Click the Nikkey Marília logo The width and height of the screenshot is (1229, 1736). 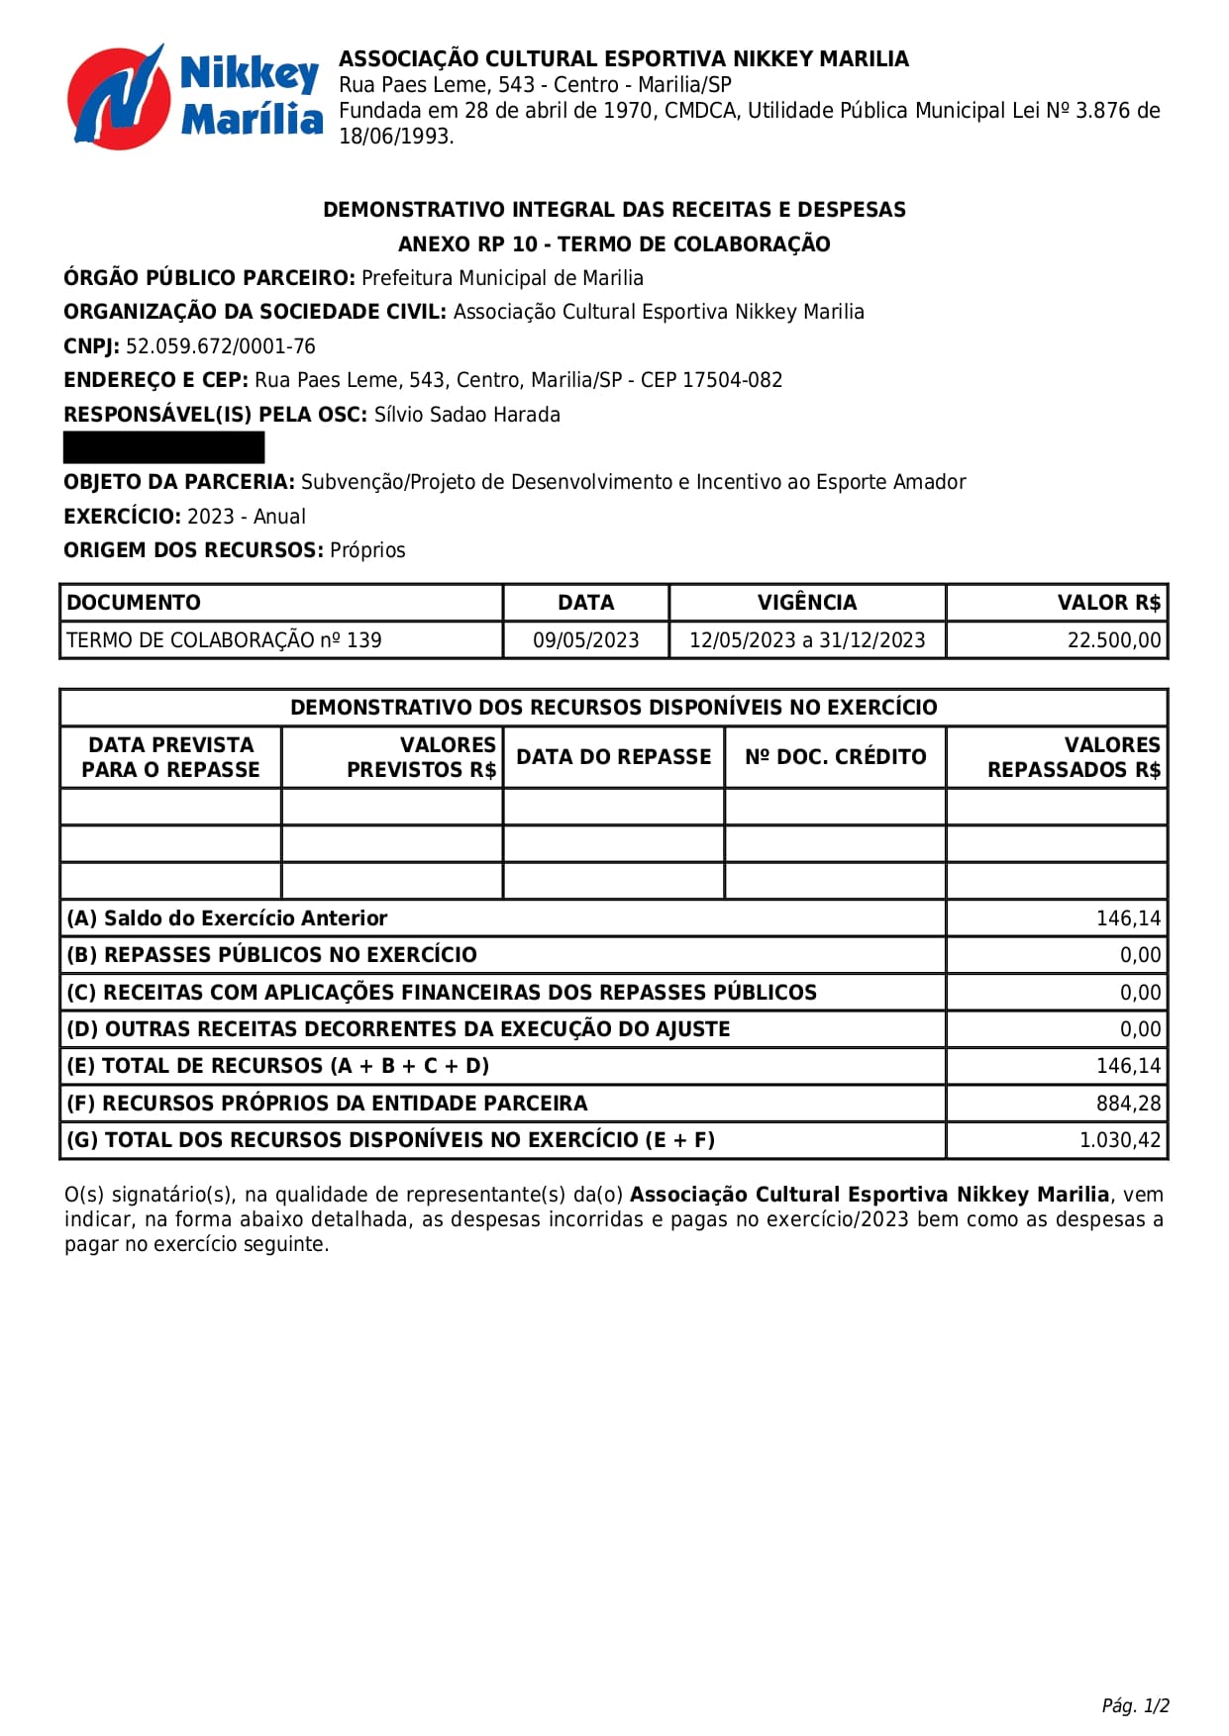pos(194,96)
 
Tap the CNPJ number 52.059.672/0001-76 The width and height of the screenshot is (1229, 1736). pos(220,346)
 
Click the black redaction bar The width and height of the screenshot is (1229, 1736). pos(163,447)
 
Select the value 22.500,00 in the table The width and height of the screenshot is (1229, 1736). pos(1113,640)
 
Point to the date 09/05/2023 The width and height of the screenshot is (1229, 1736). pos(585,640)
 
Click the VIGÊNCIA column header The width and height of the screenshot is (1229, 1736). pos(806,603)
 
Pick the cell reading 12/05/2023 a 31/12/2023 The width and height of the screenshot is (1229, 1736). pos(806,640)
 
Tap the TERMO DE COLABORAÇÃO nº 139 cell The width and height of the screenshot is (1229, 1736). pos(224,640)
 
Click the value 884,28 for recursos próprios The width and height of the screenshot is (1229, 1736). pos(1128,1104)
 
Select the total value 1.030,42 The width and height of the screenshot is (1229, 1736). pos(1119,1140)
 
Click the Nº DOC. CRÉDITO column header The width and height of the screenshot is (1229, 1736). pos(835,757)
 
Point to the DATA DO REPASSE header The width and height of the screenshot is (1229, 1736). pos(613,757)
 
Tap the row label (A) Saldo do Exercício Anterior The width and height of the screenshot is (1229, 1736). pos(227,918)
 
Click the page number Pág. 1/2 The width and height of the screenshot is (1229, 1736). pos(1135,1705)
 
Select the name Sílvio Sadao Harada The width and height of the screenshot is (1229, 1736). pos(466,415)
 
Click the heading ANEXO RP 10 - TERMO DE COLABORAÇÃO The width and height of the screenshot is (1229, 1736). pos(614,244)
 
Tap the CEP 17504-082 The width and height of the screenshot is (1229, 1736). pos(732,380)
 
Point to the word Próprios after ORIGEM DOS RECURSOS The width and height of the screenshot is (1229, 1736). pos(367,550)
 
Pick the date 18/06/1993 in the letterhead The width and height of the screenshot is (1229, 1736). pos(395,137)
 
